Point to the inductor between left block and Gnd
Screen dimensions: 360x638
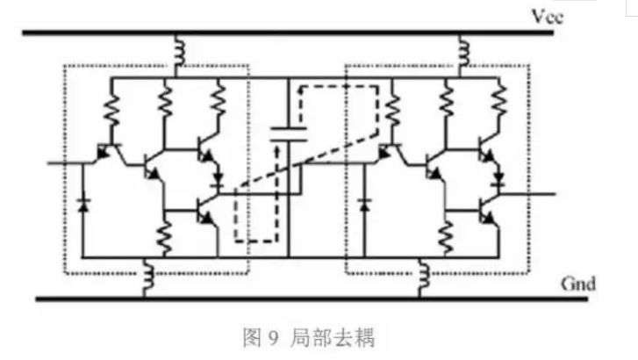pyautogui.click(x=149, y=278)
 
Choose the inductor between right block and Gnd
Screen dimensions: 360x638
pyautogui.click(x=425, y=278)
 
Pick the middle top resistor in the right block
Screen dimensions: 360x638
pyautogui.click(x=449, y=104)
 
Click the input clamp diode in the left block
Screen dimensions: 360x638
pyautogui.click(x=83, y=203)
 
